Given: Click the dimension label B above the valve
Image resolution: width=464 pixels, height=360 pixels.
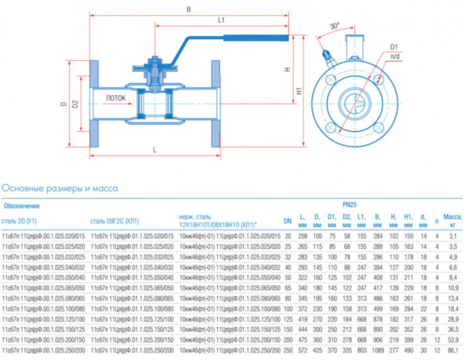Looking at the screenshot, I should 189,9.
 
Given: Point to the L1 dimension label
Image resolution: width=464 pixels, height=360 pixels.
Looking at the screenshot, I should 221,21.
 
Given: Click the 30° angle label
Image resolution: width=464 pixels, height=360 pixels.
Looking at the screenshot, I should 334,26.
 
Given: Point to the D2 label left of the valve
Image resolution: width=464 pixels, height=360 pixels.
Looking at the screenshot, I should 76,104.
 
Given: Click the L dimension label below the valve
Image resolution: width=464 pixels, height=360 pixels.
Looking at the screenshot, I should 154,150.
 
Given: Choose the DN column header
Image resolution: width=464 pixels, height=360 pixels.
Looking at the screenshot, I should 288,221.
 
